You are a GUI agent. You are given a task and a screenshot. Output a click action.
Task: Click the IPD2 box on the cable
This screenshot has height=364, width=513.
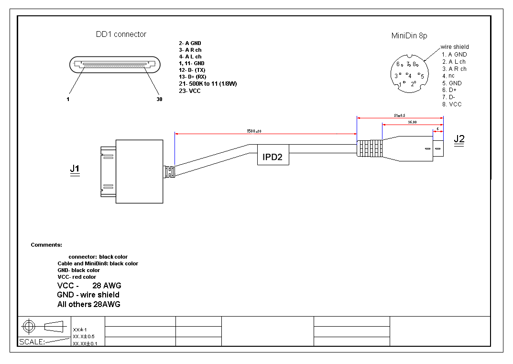click(273, 157)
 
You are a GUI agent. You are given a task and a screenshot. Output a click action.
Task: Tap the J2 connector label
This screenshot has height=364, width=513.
click(459, 139)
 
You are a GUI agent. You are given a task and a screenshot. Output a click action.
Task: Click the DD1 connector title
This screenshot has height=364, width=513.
click(121, 34)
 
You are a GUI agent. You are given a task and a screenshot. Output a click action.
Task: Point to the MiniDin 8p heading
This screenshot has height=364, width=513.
click(409, 35)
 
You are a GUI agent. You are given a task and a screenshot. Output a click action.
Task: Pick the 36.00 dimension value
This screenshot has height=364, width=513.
click(412, 122)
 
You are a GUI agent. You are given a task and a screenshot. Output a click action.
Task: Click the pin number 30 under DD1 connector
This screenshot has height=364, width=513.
click(159, 100)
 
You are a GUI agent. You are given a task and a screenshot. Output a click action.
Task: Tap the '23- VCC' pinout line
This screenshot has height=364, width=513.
click(190, 91)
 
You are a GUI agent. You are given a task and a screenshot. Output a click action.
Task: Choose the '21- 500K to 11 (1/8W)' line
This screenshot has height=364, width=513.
click(208, 84)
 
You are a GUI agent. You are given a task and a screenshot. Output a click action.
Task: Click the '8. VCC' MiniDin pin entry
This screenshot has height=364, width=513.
click(452, 104)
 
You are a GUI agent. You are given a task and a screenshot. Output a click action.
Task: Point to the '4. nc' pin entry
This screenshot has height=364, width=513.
click(448, 76)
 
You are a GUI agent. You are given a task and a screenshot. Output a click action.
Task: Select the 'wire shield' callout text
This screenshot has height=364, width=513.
click(455, 47)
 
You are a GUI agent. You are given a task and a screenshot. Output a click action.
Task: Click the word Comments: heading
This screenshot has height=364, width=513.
click(46, 245)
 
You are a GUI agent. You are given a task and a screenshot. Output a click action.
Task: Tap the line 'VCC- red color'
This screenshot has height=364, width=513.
click(76, 277)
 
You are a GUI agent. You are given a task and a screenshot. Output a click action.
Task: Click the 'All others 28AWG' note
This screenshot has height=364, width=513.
click(88, 304)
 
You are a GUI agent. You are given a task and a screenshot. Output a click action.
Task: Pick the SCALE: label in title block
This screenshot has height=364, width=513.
click(31, 342)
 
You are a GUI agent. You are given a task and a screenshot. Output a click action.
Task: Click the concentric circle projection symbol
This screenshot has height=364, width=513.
click(29, 326)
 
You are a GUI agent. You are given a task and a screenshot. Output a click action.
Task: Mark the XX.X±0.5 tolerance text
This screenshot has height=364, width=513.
click(84, 336)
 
